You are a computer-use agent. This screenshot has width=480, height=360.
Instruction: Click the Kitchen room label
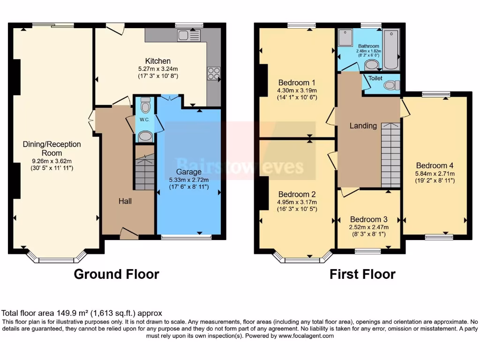pos(157,61)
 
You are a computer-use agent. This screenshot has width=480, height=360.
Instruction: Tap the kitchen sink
pos(189,35)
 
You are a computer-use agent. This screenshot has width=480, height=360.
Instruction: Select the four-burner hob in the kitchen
pos(213,74)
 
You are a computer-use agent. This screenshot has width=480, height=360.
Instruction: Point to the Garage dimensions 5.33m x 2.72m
pos(188,180)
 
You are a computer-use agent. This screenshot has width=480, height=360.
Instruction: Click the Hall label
pos(125,201)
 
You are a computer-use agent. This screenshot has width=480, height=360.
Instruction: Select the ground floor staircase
pos(145,173)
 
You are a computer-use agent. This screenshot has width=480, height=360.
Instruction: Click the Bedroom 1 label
pos(297,82)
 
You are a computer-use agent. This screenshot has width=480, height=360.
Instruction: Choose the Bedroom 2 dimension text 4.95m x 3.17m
pos(297,202)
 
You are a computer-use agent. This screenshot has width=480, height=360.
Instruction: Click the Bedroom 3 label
pos(368,219)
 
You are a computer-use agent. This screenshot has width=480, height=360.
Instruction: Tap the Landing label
pos(363,126)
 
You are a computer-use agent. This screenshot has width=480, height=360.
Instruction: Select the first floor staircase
pos(390,155)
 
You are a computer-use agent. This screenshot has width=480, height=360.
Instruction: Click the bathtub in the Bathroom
pos(390,49)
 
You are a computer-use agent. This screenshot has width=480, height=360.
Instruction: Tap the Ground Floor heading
pos(116,274)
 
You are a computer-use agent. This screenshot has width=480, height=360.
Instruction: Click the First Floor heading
pos(362,274)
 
